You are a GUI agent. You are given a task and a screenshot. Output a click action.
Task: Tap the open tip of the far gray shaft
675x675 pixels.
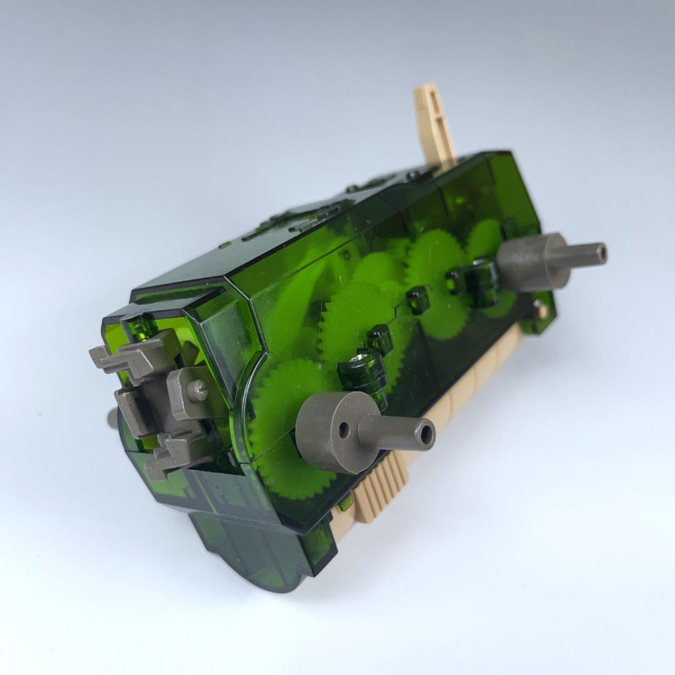click(x=601, y=254)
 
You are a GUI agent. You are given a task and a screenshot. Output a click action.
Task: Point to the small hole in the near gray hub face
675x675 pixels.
click(x=344, y=429)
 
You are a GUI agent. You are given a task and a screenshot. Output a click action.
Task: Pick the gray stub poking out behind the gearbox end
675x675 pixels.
click(x=112, y=417)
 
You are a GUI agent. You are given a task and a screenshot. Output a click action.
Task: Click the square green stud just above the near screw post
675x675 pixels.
click(x=379, y=338)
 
